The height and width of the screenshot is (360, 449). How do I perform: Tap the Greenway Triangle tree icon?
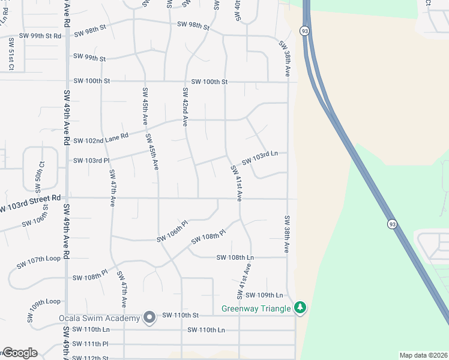[301, 308]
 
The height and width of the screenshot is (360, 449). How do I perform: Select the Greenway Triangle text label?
[256, 309]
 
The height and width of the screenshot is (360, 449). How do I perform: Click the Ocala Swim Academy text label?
[99, 317]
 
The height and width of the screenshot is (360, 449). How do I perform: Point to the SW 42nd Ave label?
[185, 107]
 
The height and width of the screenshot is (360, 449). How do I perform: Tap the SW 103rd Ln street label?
[259, 158]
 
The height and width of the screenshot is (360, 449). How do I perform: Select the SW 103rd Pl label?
[91, 161]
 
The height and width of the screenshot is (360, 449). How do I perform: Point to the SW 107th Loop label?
[38, 262]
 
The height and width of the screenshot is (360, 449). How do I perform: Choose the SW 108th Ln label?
[235, 257]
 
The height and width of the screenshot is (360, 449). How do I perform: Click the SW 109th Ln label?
[264, 295]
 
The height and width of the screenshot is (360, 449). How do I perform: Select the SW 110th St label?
[181, 315]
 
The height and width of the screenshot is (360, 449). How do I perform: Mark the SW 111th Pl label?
[90, 344]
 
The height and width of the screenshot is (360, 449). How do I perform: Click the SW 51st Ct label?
[11, 58]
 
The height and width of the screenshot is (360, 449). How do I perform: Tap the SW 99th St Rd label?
[40, 36]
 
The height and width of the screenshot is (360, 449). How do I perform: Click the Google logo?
[20, 353]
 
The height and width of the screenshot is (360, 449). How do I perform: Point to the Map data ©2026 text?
[423, 355]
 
